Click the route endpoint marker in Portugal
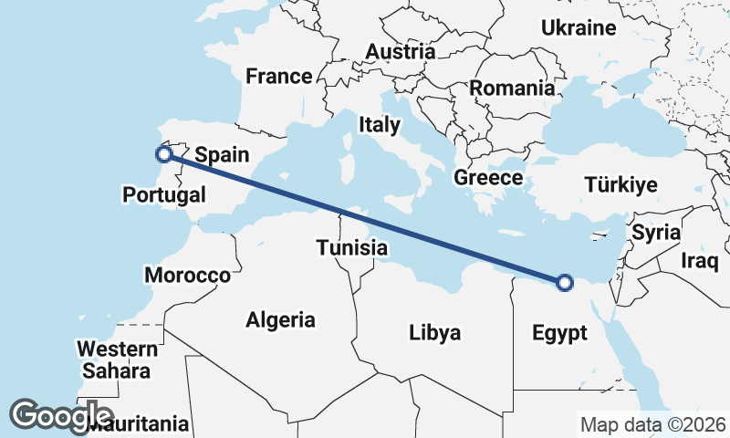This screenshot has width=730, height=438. (x=163, y=154)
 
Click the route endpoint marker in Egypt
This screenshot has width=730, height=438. (x=564, y=283)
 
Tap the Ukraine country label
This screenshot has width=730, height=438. (x=579, y=28)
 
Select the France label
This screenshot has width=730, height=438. (x=279, y=77)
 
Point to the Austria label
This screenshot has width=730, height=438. (x=400, y=52)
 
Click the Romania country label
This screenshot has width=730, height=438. (x=512, y=89)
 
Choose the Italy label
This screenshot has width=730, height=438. (x=380, y=124)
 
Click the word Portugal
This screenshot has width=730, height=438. (x=164, y=194)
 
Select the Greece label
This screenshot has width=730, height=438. (x=488, y=178)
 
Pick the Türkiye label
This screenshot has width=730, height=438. (x=620, y=185)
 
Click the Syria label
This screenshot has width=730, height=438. (x=656, y=232)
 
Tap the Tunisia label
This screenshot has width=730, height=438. (x=352, y=247)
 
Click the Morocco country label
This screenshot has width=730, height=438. (x=187, y=276)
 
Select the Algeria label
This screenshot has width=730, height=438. (x=281, y=320)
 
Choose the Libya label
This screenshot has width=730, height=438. (x=434, y=332)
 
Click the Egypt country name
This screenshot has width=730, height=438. (x=559, y=333)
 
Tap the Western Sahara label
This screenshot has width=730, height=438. (x=116, y=360)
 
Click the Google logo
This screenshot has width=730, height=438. (x=61, y=415)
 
